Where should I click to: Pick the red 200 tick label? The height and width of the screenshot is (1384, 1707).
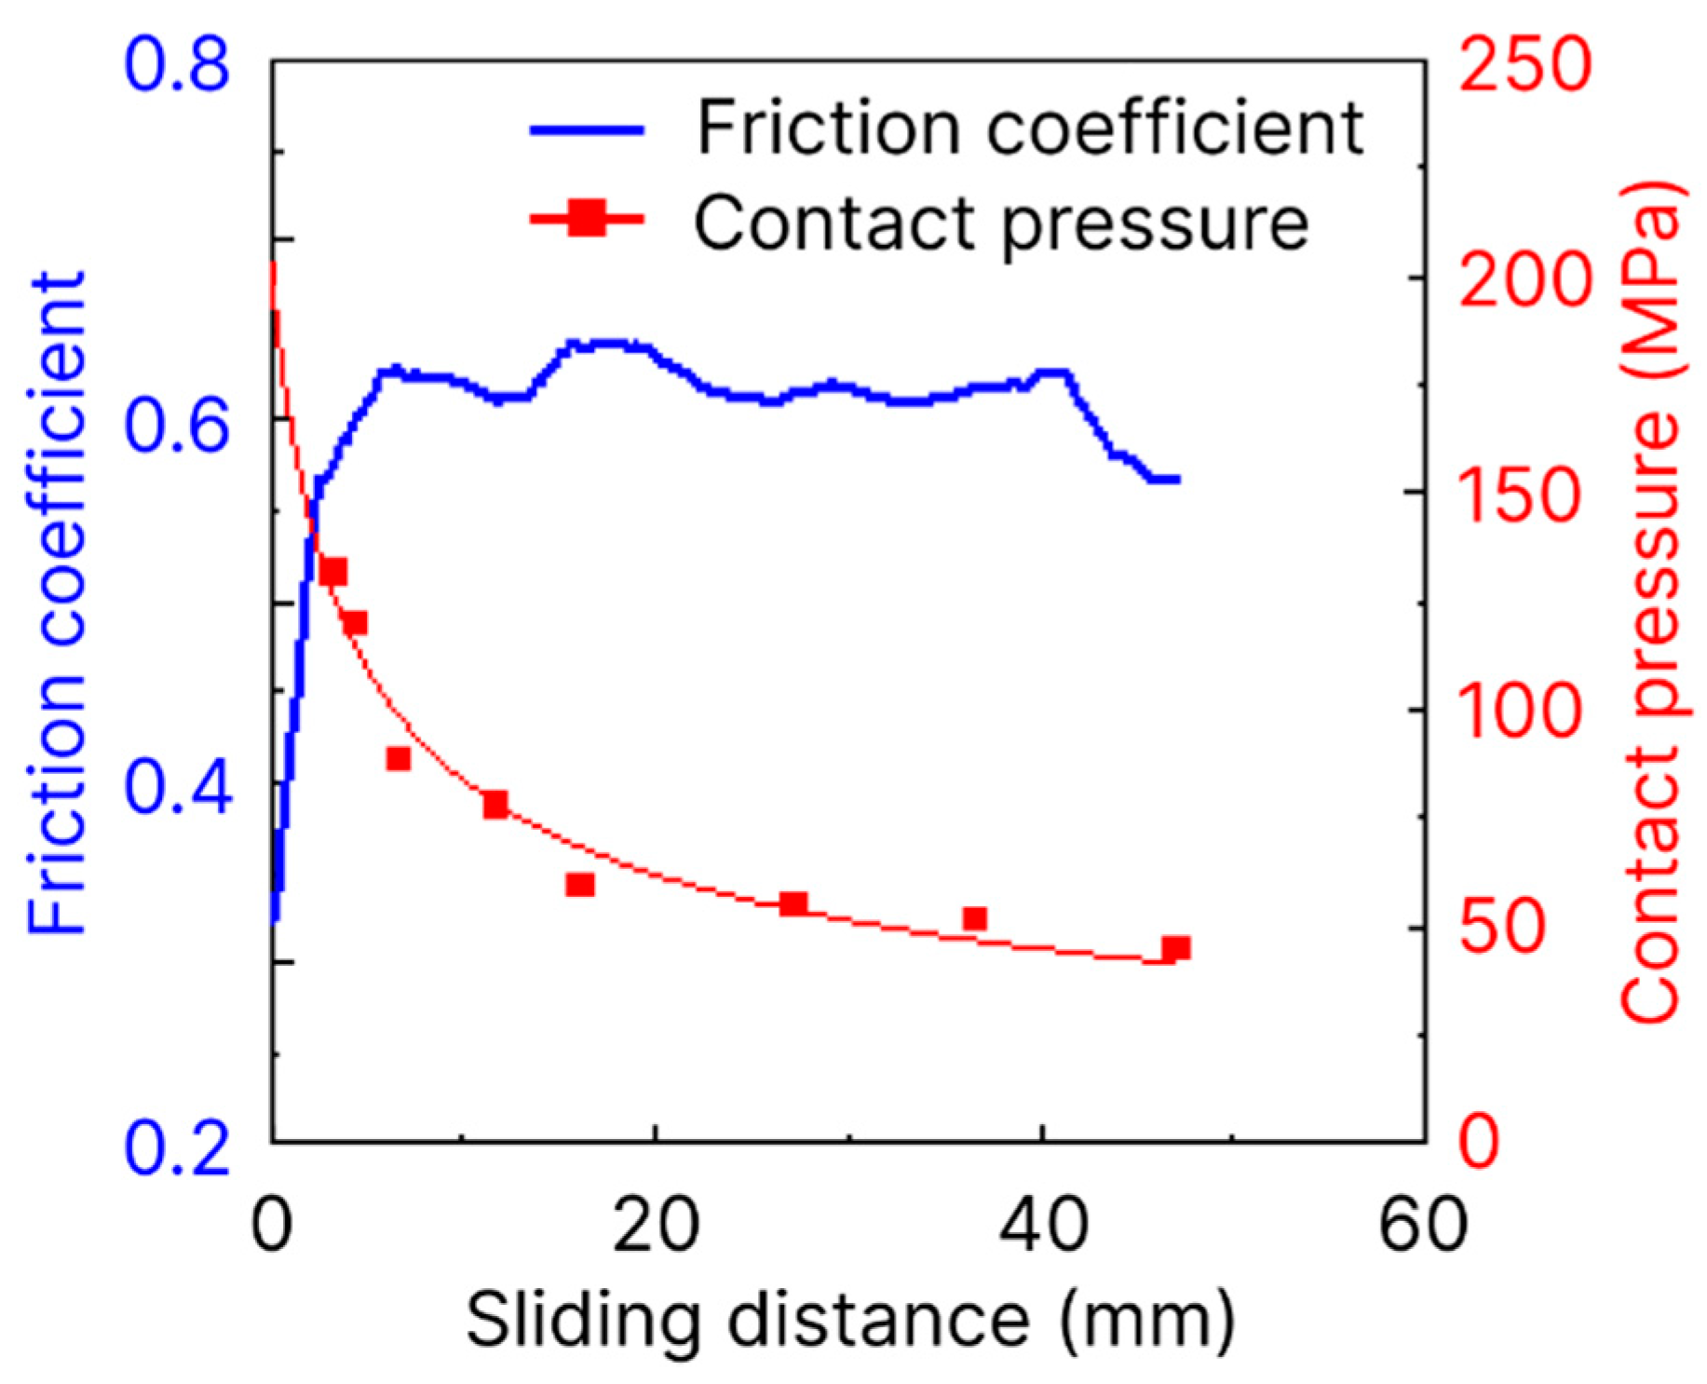[1524, 279]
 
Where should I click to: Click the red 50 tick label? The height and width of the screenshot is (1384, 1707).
[1501, 927]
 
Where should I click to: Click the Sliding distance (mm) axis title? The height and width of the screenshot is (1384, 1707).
[849, 1319]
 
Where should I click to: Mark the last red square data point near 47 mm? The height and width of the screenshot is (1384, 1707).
[1176, 949]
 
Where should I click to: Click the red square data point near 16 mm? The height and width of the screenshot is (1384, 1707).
[580, 884]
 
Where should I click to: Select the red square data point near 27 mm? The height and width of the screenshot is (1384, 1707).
[793, 903]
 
